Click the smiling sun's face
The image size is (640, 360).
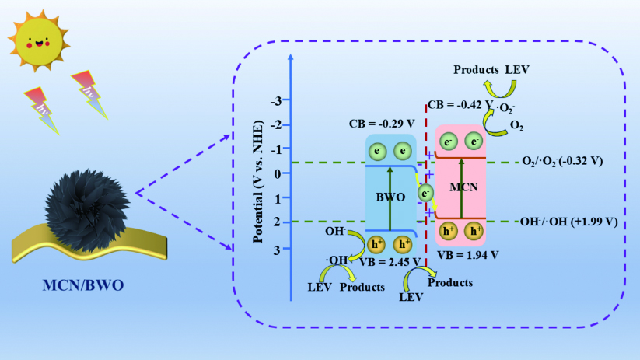point(39,41)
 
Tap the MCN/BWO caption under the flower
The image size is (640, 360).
point(83,285)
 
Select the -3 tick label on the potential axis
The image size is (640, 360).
point(276,100)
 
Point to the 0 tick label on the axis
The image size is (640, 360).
point(278,174)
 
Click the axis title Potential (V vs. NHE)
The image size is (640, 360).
point(258,182)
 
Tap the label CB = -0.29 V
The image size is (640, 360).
point(382,124)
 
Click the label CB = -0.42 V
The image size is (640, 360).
point(460,105)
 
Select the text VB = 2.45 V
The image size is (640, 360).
point(390,262)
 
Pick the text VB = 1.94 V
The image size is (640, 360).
point(468,255)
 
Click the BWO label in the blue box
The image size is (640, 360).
point(390,197)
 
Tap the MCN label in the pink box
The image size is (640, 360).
point(463,187)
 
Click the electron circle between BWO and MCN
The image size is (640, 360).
point(425,193)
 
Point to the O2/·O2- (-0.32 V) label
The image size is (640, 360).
point(562,161)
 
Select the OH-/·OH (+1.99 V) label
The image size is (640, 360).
point(569,222)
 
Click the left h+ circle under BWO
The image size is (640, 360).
point(376,244)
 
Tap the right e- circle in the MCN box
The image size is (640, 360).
point(474,142)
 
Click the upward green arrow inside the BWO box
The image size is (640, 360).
point(390,199)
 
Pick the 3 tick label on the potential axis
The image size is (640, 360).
point(277,250)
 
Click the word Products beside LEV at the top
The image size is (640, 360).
point(476,70)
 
